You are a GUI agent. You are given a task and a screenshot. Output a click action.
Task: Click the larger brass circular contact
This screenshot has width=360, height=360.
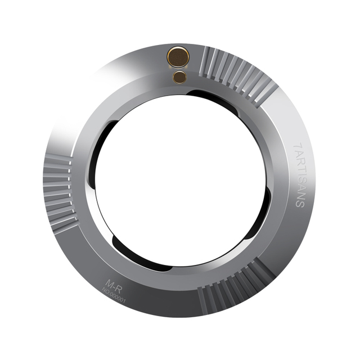click(x=179, y=57)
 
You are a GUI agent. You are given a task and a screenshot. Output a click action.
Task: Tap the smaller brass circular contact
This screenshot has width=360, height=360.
click(x=180, y=77)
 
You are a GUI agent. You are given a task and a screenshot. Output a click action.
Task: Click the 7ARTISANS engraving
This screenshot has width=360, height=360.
click(x=299, y=176)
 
